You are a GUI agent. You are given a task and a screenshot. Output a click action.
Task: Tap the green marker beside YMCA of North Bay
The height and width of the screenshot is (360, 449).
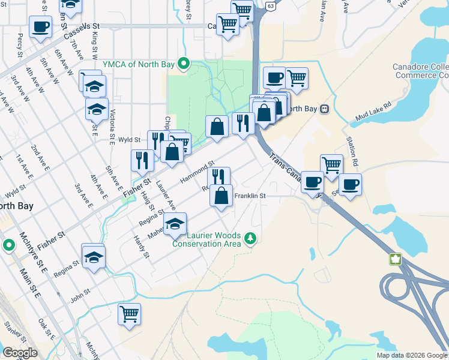[x=186, y=62]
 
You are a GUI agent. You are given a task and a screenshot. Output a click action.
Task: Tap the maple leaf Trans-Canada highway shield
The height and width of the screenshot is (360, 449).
[x=396, y=259]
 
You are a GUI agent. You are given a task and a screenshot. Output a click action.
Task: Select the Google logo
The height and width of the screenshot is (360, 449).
[x=20, y=353]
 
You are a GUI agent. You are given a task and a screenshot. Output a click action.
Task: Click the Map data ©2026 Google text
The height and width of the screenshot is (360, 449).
[x=411, y=355]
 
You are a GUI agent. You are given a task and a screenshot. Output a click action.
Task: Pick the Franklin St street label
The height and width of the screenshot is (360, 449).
[x=250, y=196]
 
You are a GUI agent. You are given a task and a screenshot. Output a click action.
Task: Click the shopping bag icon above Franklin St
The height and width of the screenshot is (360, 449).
[x=221, y=196]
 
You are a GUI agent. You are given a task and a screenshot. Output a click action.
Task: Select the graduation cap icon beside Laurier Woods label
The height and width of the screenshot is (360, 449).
[x=175, y=224]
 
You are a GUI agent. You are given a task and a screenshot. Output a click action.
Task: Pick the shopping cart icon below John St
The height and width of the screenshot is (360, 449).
[x=129, y=314]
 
